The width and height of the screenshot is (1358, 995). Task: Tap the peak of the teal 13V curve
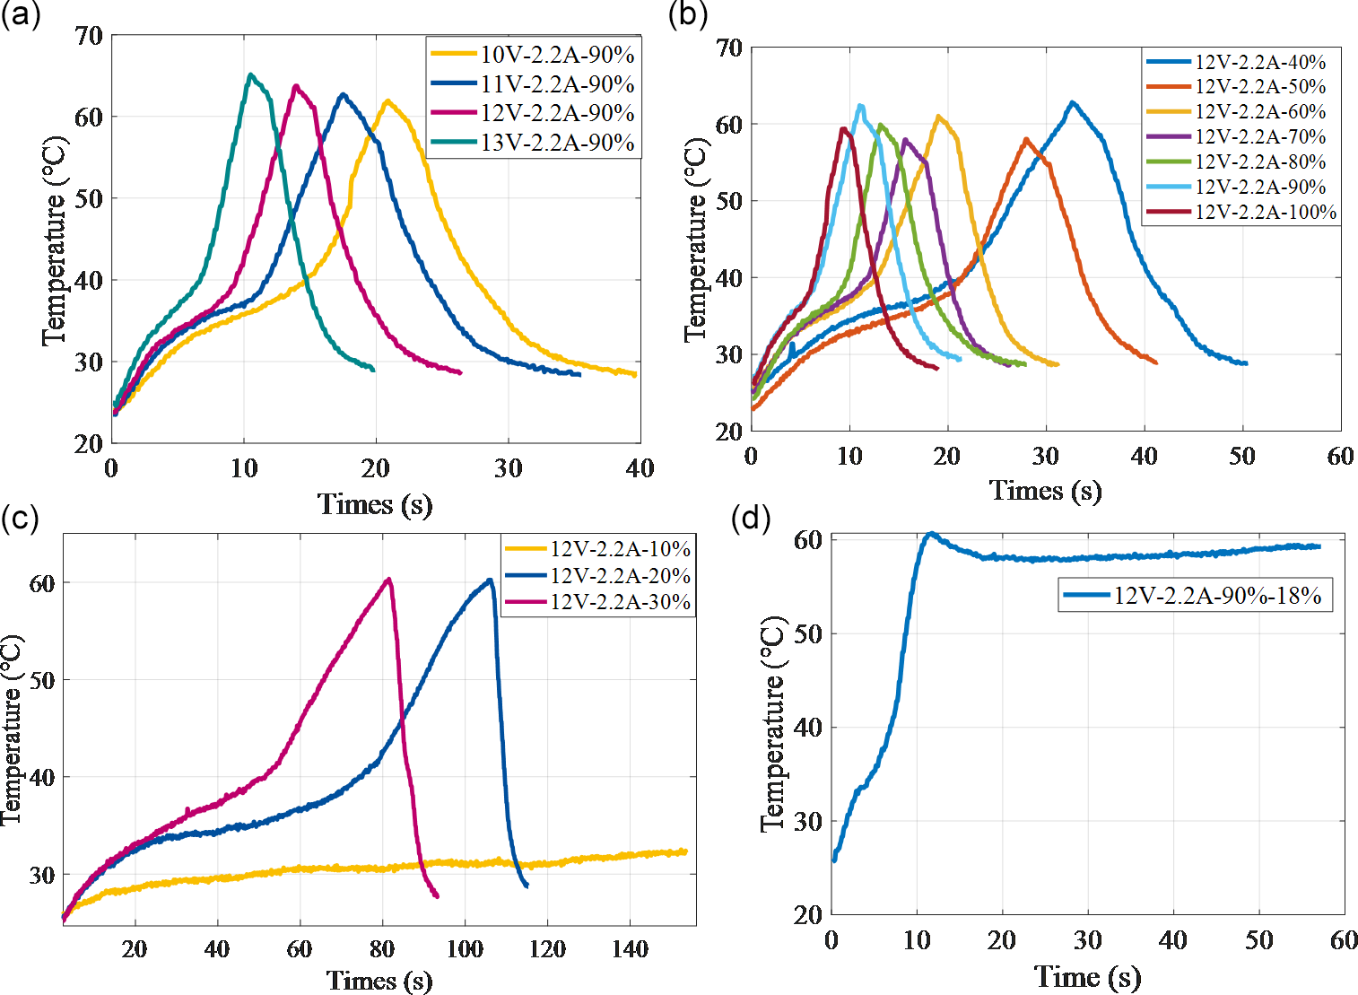tap(250, 74)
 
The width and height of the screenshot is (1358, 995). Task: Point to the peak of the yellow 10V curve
tap(387, 100)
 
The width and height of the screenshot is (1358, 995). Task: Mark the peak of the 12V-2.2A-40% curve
tap(1072, 102)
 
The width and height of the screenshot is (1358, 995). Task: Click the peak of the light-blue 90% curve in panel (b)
tap(861, 106)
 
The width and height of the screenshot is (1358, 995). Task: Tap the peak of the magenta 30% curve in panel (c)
tap(388, 579)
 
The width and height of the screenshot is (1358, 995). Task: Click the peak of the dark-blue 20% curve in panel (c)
tap(490, 580)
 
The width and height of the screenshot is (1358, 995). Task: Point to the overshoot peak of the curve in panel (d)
tap(931, 533)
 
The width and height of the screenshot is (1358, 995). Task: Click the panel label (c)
tap(20, 518)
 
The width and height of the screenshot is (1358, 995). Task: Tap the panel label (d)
tap(751, 518)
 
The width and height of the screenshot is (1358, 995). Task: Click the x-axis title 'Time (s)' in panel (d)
tap(1087, 976)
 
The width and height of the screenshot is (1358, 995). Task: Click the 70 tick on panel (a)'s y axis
tap(89, 37)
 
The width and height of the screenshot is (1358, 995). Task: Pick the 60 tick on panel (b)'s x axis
tap(1340, 456)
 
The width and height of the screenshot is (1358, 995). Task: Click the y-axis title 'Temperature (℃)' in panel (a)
tap(55, 240)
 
